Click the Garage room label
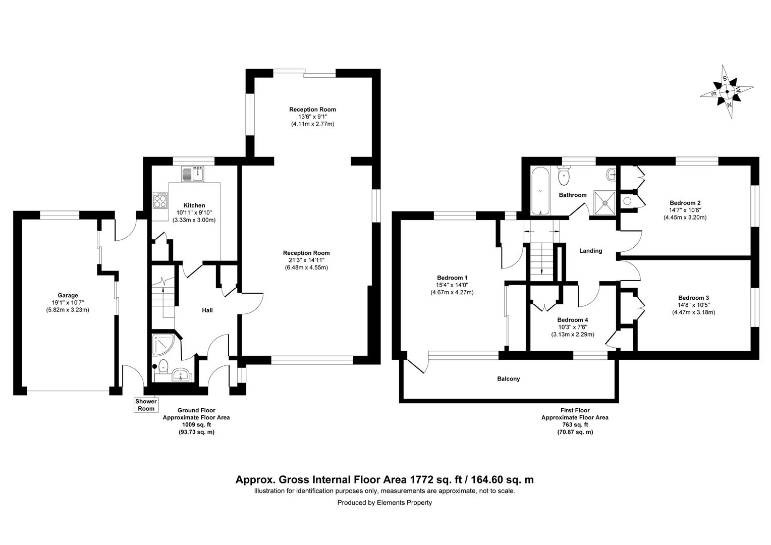point(68,296)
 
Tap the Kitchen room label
point(194,205)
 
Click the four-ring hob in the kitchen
point(160,200)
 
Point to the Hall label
point(207,310)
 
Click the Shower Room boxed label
point(146,405)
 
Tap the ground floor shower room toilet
point(163,365)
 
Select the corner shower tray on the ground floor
point(163,343)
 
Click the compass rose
point(727,92)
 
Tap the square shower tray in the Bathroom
point(604,201)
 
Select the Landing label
point(590,251)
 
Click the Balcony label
point(508,378)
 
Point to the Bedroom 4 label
point(572,320)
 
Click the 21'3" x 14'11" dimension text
point(306,260)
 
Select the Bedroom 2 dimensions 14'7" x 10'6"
point(685,210)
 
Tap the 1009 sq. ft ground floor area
point(196,425)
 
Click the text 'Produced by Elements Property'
point(384,503)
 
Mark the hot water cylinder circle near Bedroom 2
point(627,200)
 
